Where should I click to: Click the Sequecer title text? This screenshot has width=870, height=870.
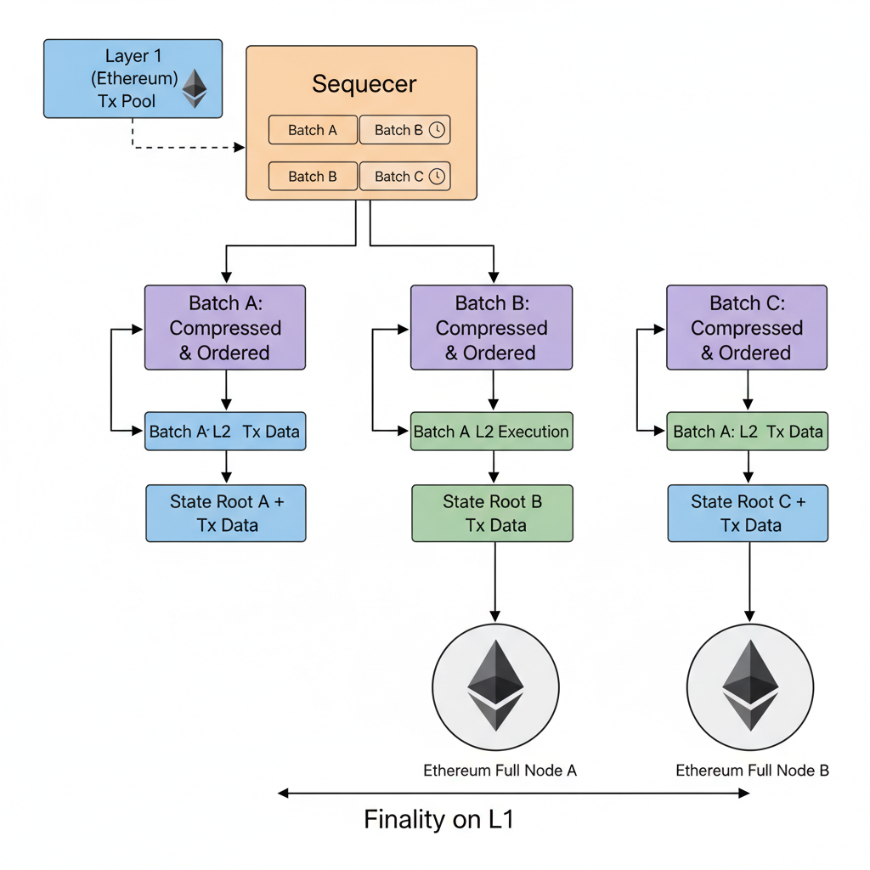coord(364,84)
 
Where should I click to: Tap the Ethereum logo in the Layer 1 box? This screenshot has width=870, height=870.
coord(195,88)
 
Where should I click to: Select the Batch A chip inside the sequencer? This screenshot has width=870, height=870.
coord(312,130)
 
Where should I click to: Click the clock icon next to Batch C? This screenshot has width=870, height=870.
coord(437,177)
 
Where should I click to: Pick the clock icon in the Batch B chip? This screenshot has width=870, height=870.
coord(437,130)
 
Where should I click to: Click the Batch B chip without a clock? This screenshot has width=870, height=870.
coord(312,177)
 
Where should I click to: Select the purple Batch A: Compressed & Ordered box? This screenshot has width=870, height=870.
coord(225,328)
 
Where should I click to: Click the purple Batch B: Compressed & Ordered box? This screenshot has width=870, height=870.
coord(491,328)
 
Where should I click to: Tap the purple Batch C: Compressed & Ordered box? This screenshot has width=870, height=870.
coord(746,328)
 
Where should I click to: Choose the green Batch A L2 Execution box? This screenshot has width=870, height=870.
coord(491,432)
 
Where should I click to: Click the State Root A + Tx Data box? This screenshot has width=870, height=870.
coord(226,513)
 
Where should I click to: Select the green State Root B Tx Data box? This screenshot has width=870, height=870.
coord(492,513)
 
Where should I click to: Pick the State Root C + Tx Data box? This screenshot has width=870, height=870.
coord(747,513)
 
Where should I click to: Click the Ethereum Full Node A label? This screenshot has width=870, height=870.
coord(500,771)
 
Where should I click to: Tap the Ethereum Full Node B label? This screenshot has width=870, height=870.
coord(752,771)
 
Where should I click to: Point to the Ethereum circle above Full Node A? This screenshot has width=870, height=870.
coord(495,686)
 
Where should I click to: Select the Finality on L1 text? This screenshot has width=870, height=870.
coord(438,820)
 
